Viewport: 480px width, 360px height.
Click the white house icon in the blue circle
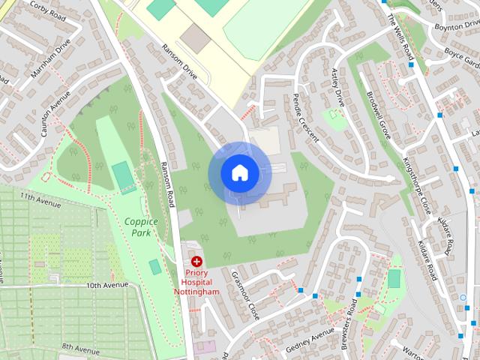239,172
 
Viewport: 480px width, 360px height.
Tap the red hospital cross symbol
197,262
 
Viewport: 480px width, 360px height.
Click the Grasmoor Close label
244,295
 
